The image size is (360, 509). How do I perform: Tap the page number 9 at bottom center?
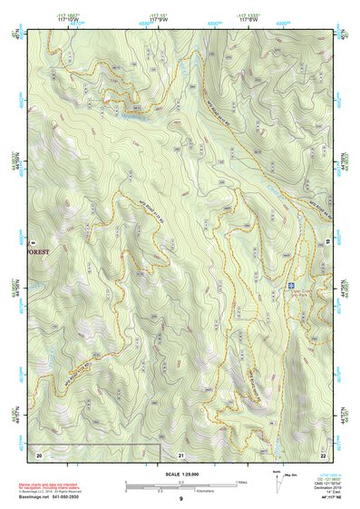click(x=180, y=499)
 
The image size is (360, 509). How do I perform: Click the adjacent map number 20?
click(x=39, y=453)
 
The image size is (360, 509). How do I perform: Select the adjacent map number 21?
click(x=181, y=453)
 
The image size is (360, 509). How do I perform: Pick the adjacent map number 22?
click(x=322, y=453)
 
